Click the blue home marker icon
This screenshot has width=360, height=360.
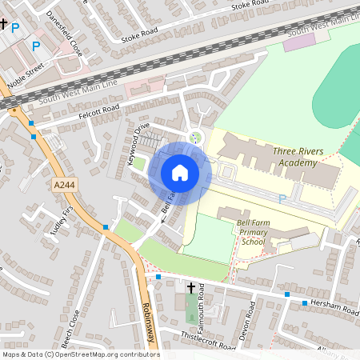point(180,172)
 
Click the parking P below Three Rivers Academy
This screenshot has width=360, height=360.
point(281,198)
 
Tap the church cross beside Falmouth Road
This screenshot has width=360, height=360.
point(191,287)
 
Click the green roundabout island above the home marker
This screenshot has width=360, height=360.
point(195,137)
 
